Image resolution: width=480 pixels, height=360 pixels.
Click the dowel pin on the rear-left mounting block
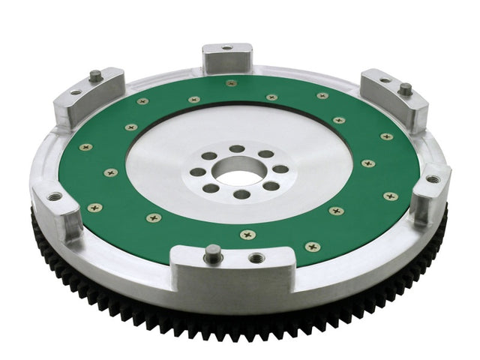click(x=96, y=75)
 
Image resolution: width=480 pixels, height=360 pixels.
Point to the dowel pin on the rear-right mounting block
click(x=405, y=89)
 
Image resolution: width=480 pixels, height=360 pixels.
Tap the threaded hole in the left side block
click(x=55, y=196)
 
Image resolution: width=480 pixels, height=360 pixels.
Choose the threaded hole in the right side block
click(x=433, y=179)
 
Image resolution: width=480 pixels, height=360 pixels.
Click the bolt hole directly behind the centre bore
click(x=237, y=148)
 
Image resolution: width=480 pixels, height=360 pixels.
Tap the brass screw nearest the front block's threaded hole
click(x=248, y=235)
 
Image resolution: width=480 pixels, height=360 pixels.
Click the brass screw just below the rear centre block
click(x=230, y=82)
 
